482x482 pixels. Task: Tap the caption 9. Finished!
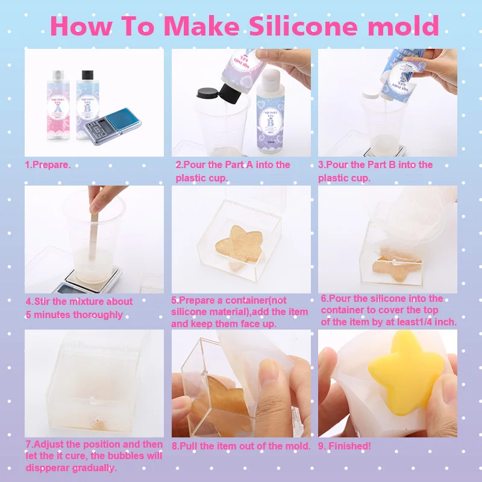pyautogui.click(x=345, y=446)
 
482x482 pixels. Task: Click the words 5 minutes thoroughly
pyautogui.click(x=74, y=315)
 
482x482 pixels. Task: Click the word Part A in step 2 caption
pyautogui.click(x=244, y=164)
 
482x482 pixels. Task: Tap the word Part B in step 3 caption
pyautogui.click(x=387, y=164)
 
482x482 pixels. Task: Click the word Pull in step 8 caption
pyautogui.click(x=192, y=446)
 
